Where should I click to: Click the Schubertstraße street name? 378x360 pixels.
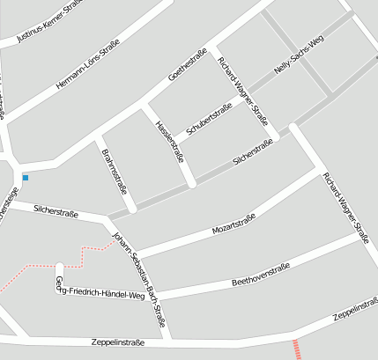(x=209, y=121)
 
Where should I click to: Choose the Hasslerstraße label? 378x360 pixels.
(x=168, y=141)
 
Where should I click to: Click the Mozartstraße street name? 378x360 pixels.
(x=233, y=224)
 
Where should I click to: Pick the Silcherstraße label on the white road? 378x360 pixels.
(x=56, y=209)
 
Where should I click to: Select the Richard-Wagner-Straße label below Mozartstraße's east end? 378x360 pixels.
(x=345, y=208)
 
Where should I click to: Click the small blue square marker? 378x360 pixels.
(x=26, y=178)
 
